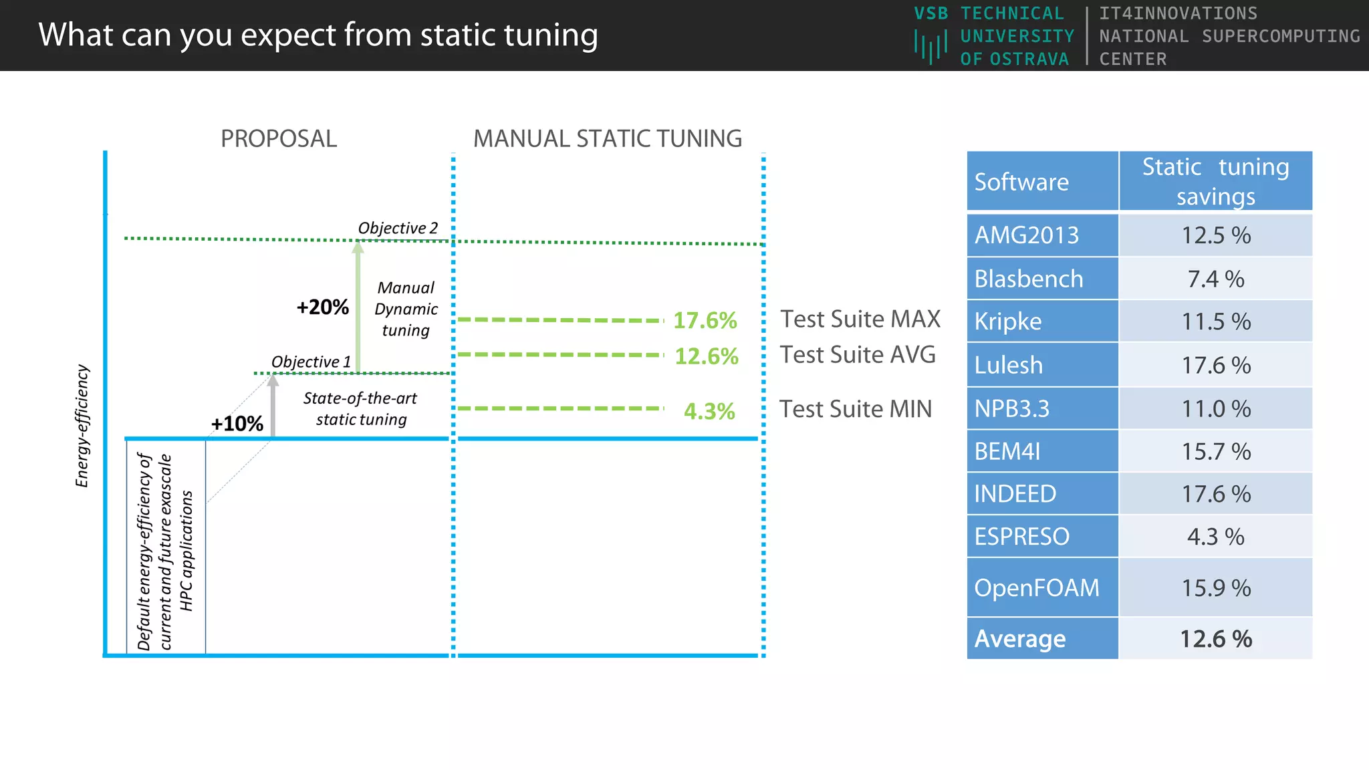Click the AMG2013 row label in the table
point(1027,235)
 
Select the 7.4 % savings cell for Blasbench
point(1215,279)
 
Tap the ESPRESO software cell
point(1022,537)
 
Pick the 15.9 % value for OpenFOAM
point(1215,588)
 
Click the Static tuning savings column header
point(1215,181)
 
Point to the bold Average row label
point(1020,639)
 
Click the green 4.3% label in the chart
point(709,411)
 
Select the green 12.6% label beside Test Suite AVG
point(706,356)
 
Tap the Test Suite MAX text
point(860,319)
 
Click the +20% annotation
point(322,307)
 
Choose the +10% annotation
point(237,424)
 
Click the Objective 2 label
point(398,228)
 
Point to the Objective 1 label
point(311,362)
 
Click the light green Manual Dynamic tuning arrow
point(358,307)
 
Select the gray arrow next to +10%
point(273,408)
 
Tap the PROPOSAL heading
point(279,139)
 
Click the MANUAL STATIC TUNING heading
point(608,139)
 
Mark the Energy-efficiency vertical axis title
point(82,426)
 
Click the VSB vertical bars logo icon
point(930,47)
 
